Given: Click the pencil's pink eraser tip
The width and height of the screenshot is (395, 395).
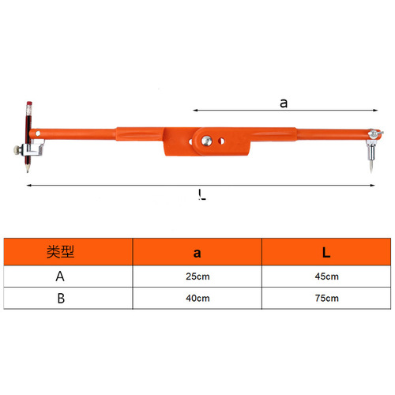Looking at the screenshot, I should [28, 103].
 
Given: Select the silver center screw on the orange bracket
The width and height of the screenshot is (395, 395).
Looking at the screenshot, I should [205, 140].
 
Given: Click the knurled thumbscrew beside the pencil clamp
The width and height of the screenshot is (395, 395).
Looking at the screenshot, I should [17, 150].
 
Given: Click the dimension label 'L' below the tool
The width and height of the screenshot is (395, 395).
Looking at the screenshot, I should [203, 195].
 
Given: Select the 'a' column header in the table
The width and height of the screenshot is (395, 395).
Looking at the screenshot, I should [197, 253].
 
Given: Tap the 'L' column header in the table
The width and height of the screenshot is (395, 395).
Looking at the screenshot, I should [325, 253].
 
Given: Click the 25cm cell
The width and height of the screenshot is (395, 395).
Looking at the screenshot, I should [197, 276].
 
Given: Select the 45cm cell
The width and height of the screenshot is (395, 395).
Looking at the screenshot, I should [325, 276].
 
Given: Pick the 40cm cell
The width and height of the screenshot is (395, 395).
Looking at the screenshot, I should [197, 299].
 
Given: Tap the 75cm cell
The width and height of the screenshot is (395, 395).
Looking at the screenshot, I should [325, 299].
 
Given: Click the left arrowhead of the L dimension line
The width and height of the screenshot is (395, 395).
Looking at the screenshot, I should [29, 185].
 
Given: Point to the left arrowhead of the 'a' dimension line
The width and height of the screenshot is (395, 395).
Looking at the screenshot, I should [192, 110].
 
